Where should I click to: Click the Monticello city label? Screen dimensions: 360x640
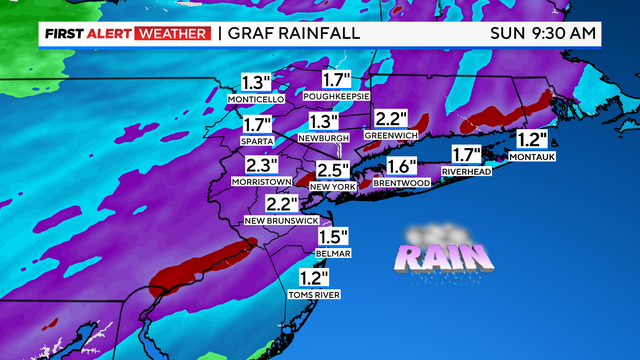[257, 100]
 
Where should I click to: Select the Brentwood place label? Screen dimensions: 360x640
[401, 183]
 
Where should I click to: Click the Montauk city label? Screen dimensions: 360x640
[532, 157]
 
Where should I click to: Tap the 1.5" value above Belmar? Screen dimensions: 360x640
[333, 237]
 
